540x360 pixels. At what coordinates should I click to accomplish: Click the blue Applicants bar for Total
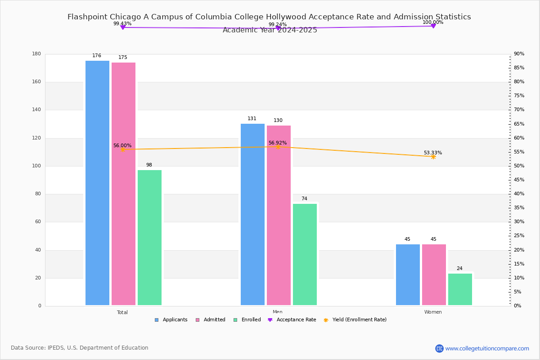pos(97,183)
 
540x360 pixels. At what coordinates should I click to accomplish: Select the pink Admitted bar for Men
pos(279,216)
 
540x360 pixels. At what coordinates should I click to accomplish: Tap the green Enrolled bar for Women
pos(460,289)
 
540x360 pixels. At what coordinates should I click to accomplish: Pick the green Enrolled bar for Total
pos(149,238)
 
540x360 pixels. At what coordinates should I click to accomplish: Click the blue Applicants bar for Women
pos(408,275)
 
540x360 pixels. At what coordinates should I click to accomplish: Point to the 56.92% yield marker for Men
pos(278,147)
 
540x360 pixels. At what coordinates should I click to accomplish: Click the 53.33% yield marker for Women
pos(433,157)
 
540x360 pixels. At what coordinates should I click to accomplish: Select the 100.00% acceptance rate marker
pos(433,26)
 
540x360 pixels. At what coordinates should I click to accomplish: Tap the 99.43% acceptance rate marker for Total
pos(122,27)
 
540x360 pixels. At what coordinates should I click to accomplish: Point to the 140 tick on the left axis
pos(36,110)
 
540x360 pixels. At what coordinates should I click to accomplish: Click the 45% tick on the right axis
pos(519,180)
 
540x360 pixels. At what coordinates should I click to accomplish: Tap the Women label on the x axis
pos(433,312)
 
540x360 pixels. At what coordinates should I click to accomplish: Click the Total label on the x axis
pos(122,312)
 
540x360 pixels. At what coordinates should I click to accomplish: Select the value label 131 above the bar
pos(252,119)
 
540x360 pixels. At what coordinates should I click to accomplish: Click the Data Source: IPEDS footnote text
pos(80,348)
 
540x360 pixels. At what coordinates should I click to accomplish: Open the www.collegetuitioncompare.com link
pos(487,348)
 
